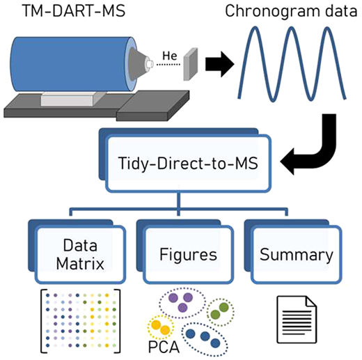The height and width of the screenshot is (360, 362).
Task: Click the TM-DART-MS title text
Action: (x=74, y=11)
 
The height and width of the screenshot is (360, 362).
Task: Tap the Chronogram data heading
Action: (x=291, y=11)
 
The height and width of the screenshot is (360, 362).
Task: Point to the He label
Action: (x=170, y=56)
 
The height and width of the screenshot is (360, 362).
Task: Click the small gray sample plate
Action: (x=191, y=64)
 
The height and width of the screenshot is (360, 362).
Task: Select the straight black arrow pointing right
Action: (x=219, y=64)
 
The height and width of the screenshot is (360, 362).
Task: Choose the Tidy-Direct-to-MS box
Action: (x=188, y=164)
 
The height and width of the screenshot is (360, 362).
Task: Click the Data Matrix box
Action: (x=80, y=254)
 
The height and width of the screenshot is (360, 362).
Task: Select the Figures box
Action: (x=188, y=254)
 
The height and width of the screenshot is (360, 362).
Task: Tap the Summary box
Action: (x=297, y=254)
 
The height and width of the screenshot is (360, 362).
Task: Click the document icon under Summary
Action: (x=297, y=319)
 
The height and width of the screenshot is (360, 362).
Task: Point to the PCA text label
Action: (x=164, y=347)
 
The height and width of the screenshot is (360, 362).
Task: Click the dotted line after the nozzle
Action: (x=168, y=64)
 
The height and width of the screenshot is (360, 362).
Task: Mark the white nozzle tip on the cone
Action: (x=149, y=63)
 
